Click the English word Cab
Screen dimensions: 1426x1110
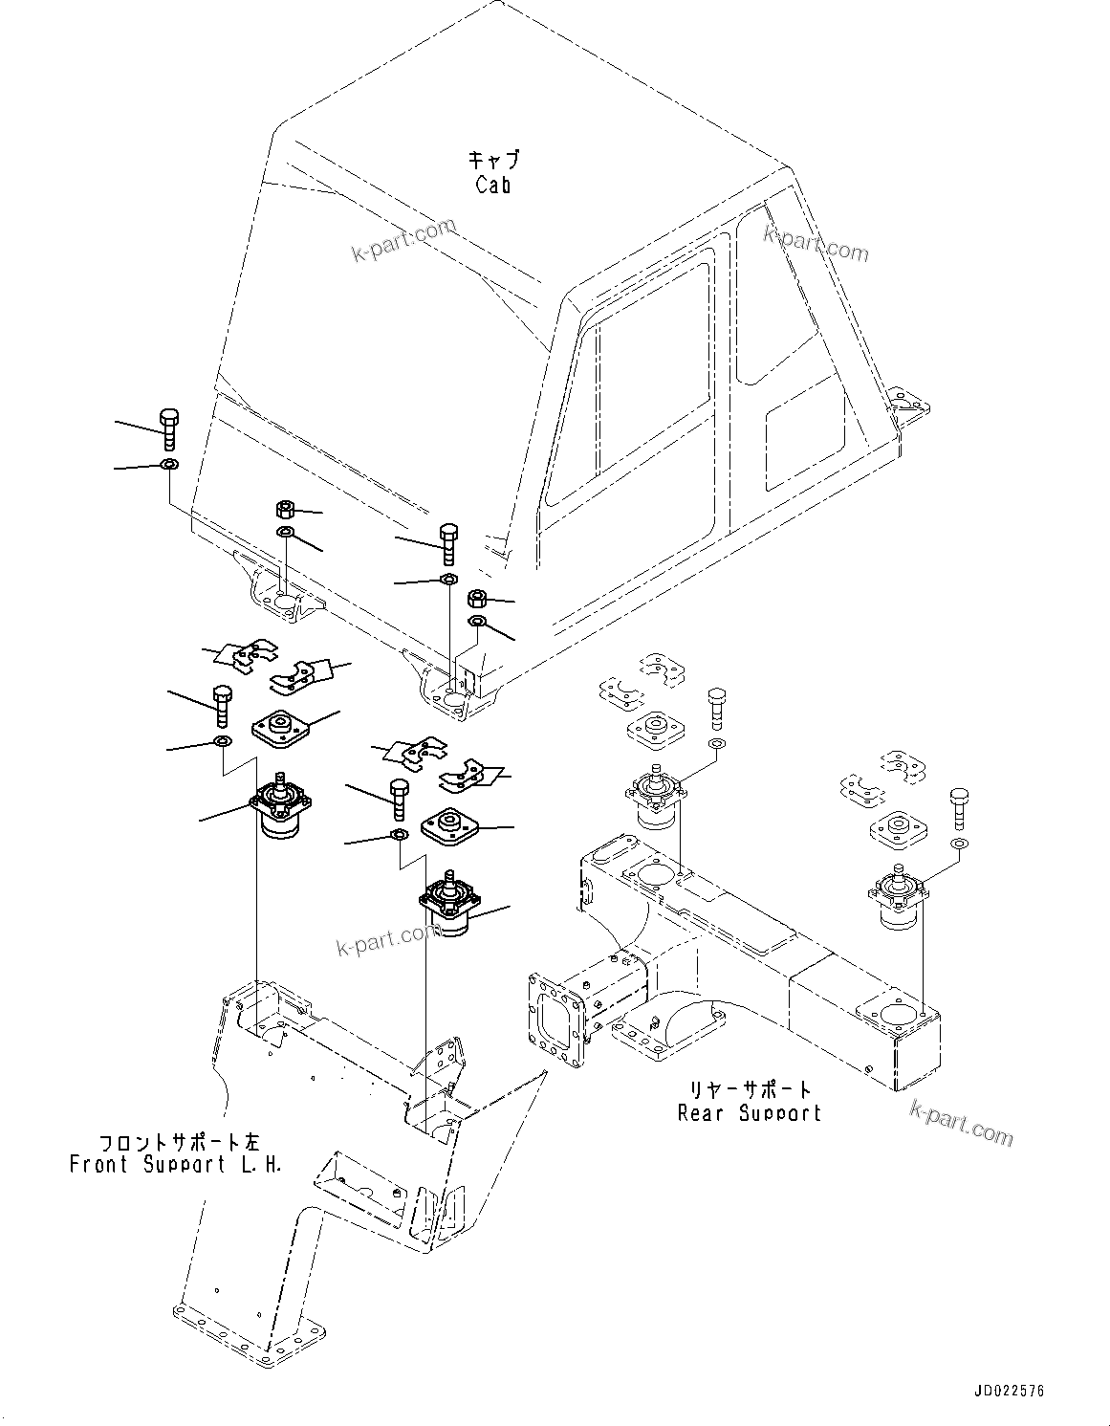tap(493, 185)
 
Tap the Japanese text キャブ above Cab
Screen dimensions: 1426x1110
tap(493, 159)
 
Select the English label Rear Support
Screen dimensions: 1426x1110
tap(749, 1112)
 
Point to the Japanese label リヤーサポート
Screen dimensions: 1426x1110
tap(751, 1089)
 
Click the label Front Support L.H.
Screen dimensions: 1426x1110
tap(176, 1165)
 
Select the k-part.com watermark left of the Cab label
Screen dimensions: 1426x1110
tap(404, 240)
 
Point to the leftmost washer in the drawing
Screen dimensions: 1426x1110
tap(168, 465)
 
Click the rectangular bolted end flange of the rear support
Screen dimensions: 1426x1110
tap(555, 1018)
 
